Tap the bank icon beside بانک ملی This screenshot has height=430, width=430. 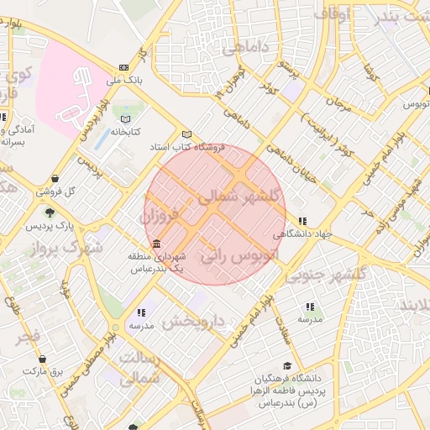(x=124, y=68)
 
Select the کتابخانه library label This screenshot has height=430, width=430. (x=125, y=132)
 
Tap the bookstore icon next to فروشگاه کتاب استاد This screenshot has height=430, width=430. (x=186, y=134)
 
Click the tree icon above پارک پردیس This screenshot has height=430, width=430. (x=50, y=213)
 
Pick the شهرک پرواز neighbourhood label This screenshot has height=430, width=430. (x=63, y=249)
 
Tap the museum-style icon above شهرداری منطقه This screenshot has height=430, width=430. (x=157, y=243)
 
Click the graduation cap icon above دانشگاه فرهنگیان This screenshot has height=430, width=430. (x=288, y=366)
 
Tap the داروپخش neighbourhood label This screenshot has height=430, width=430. (x=194, y=321)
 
